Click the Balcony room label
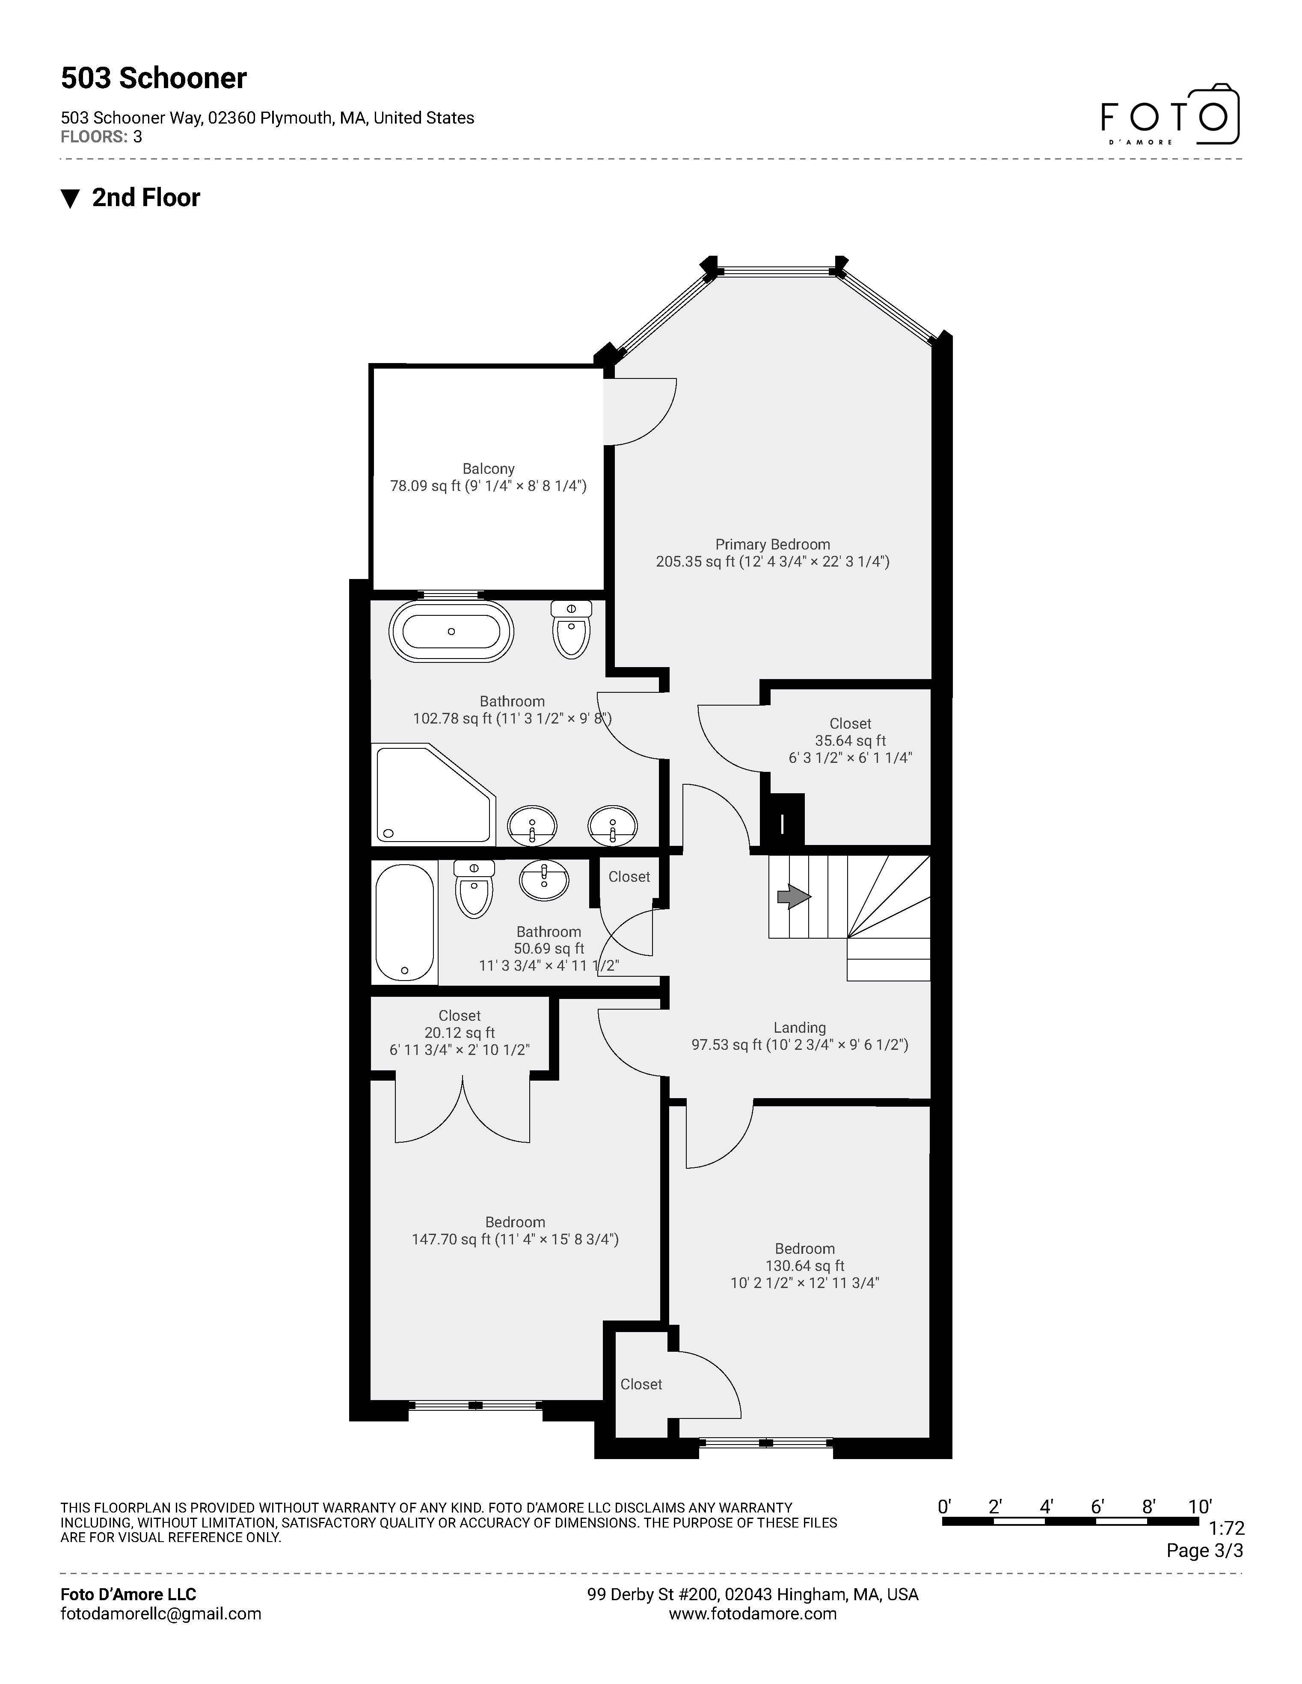click(x=488, y=469)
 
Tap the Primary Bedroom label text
click(x=772, y=544)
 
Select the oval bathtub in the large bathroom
click(x=451, y=631)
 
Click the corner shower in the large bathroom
click(x=432, y=794)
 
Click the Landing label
click(x=799, y=1028)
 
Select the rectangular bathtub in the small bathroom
click(x=404, y=922)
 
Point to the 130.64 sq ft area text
click(x=804, y=1266)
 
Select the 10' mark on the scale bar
click(x=1199, y=1507)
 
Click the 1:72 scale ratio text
click(x=1226, y=1528)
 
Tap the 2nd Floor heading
click(x=146, y=198)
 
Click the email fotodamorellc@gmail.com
click(x=160, y=1614)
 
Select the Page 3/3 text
click(x=1204, y=1551)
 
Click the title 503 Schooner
click(x=154, y=79)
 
